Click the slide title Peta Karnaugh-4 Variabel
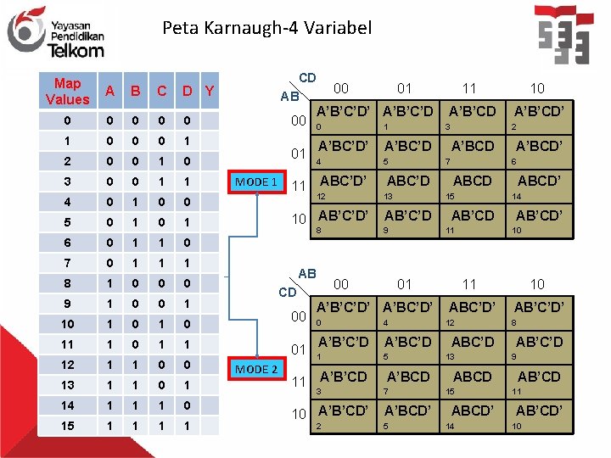(x=266, y=28)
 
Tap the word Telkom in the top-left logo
(x=76, y=50)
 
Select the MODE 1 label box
(x=256, y=182)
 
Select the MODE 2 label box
(x=256, y=369)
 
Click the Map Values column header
(x=67, y=92)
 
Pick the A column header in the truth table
(x=108, y=92)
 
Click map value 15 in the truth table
(x=67, y=425)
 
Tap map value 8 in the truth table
(x=67, y=282)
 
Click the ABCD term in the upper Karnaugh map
(x=472, y=181)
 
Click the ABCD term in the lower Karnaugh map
(x=472, y=377)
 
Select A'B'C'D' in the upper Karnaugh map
(x=343, y=111)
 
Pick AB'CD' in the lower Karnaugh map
(x=538, y=411)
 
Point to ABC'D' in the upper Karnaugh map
(x=343, y=181)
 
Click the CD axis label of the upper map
(x=307, y=78)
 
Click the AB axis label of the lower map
(x=307, y=274)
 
